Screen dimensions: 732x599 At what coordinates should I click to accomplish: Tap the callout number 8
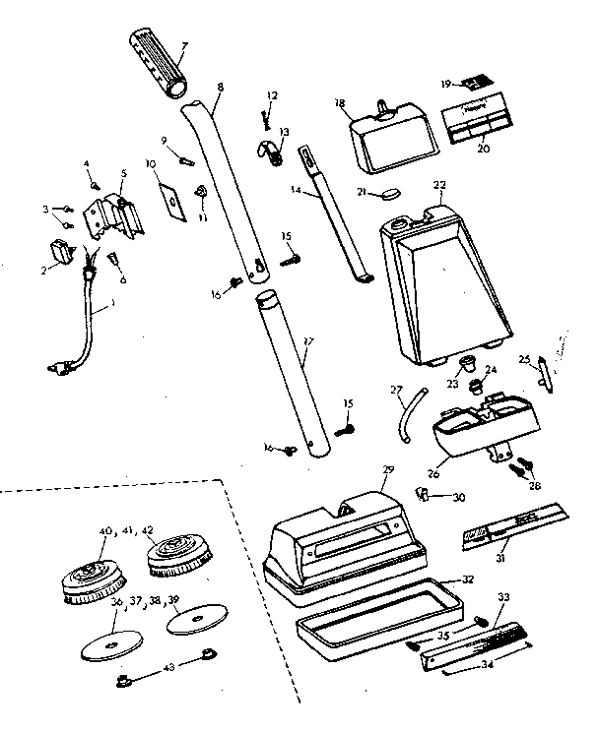pos(219,88)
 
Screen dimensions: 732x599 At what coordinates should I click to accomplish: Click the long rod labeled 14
pos(334,215)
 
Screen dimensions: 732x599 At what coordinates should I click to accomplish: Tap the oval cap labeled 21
pos(391,195)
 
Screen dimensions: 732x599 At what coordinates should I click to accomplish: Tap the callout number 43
pos(167,666)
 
